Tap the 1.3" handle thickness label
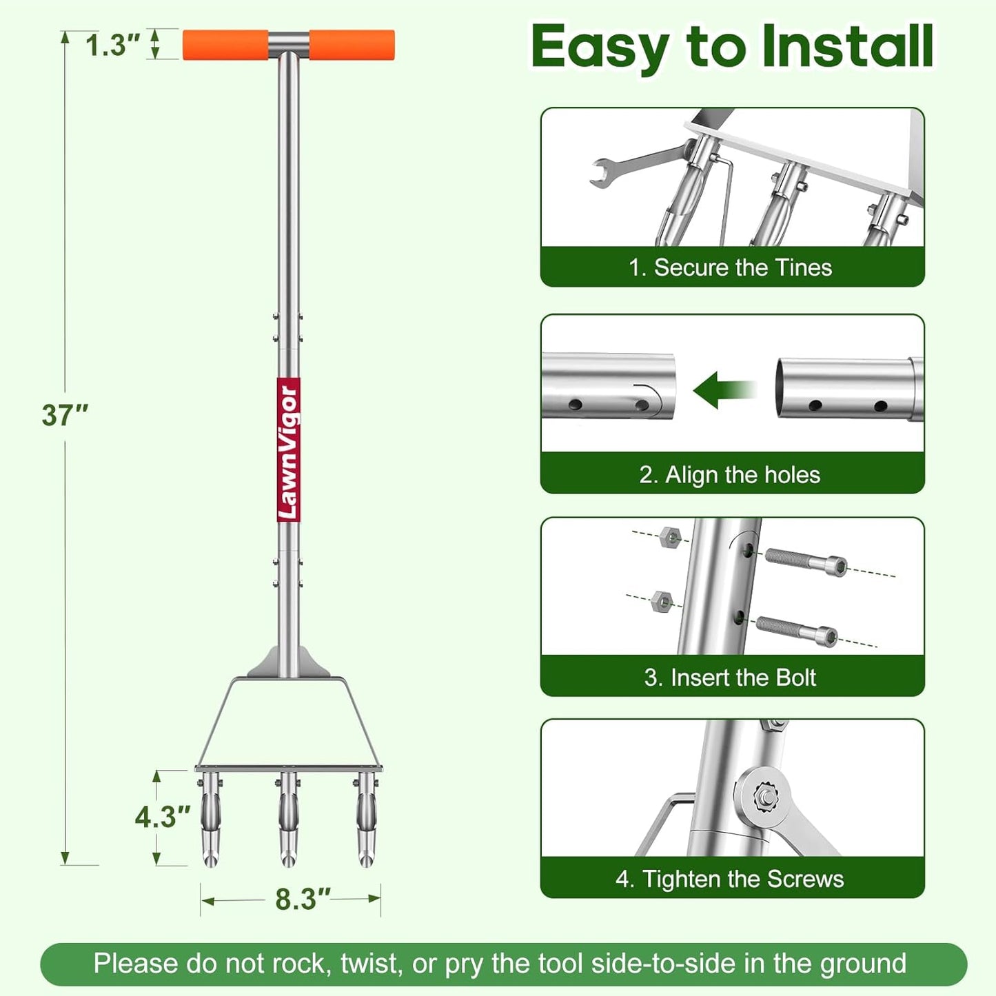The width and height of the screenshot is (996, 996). coord(112,45)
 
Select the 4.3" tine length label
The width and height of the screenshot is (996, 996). coord(163,817)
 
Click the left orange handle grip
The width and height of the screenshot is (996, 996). coord(225,45)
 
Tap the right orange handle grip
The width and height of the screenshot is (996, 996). coord(352,45)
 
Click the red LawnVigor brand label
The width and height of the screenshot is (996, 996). coord(288,449)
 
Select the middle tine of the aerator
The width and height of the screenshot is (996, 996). coord(288,819)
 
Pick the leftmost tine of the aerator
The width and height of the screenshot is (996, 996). coord(210,819)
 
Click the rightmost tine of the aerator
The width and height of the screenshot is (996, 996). coord(366,819)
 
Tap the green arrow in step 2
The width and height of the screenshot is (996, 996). coord(724,390)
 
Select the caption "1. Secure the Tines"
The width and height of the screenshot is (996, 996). coord(730,267)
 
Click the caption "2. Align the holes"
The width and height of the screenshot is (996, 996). coord(729,474)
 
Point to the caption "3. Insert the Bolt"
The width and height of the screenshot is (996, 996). coord(730,677)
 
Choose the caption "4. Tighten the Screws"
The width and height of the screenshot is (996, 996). coord(729,879)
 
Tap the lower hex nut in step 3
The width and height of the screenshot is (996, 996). coord(661,602)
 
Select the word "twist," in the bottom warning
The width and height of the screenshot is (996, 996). coord(372,964)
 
